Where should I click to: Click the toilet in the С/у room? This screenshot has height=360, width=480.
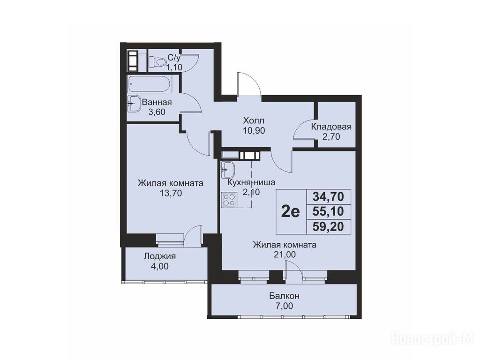tap(157, 62)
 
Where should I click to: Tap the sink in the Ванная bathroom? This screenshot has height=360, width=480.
tap(134, 104)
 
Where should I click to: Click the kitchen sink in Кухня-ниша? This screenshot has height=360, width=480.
tap(227, 169)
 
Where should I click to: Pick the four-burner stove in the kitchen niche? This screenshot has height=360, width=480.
tap(229, 200)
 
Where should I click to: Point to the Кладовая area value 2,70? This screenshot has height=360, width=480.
tap(331, 136)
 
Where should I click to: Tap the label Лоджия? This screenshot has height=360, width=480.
tap(160, 256)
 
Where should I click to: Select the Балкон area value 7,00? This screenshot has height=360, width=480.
tap(285, 306)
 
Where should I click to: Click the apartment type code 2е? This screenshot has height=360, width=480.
tap(291, 211)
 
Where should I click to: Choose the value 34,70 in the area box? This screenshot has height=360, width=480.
tap(328, 196)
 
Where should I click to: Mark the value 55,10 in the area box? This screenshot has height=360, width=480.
tap(328, 211)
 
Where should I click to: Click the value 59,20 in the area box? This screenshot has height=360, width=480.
tap(328, 227)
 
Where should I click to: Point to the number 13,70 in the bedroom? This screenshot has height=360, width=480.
tap(171, 193)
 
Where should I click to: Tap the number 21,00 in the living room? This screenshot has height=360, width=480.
tap(285, 255)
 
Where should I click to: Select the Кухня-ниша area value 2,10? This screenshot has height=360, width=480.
tap(251, 192)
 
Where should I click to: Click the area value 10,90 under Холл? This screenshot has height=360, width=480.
tap(254, 131)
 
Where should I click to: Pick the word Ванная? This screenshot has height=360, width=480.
tap(157, 102)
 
